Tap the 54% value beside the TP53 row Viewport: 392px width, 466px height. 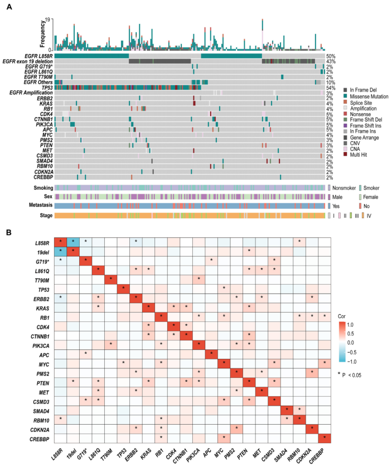tap(331, 88)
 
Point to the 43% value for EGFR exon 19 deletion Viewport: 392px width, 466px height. tap(331, 61)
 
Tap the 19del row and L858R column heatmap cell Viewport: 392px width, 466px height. tap(60, 253)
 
